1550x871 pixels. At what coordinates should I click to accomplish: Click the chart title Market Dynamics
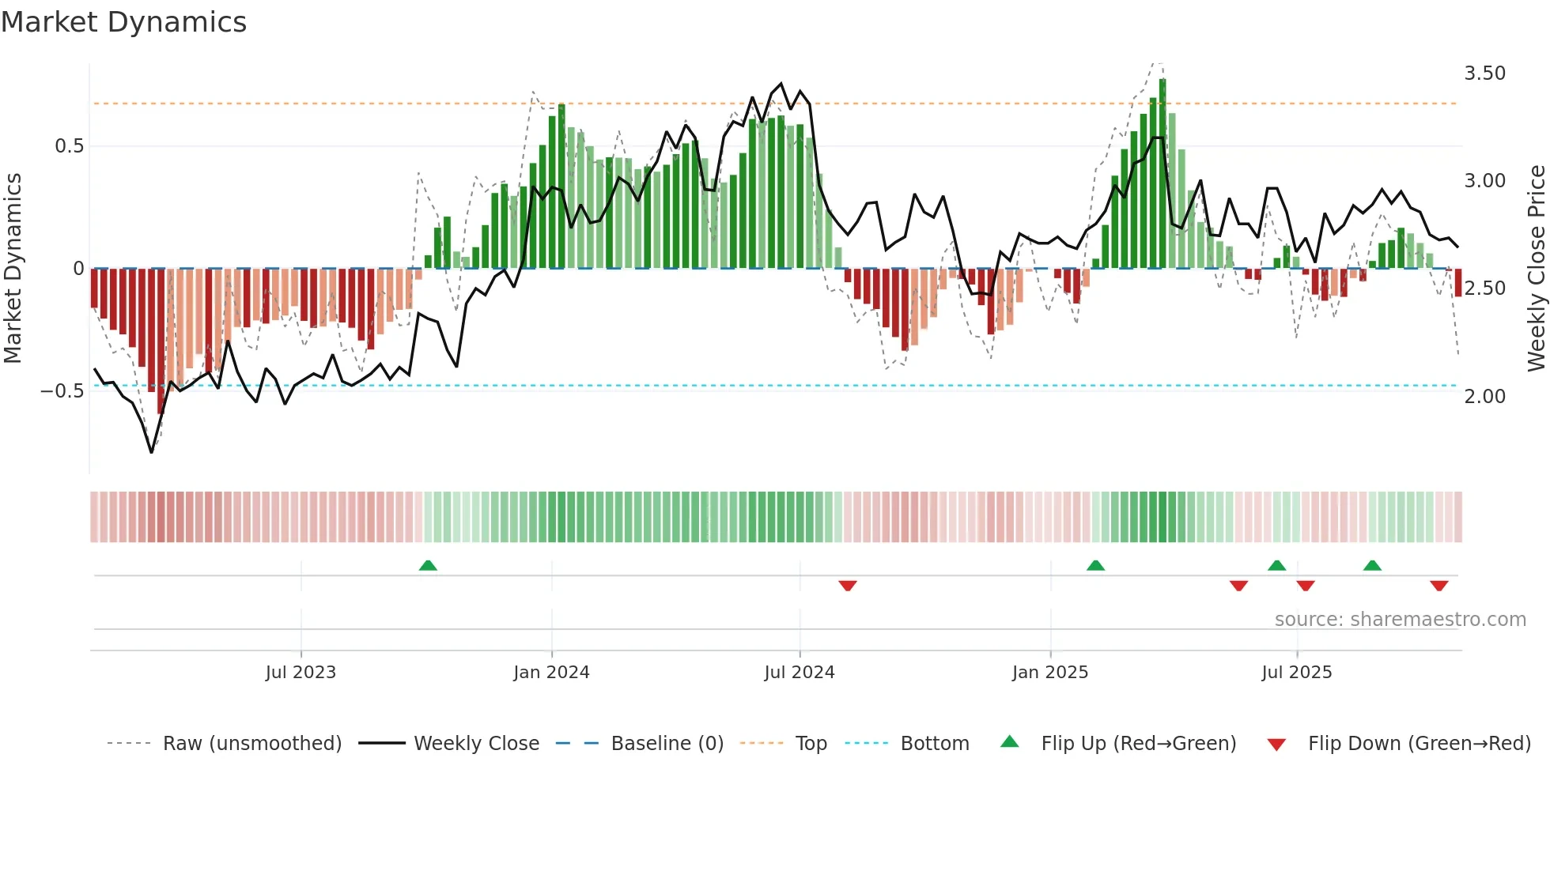(123, 22)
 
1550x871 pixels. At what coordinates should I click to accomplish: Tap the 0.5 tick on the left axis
(69, 146)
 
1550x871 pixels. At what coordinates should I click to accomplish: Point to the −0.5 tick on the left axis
(62, 391)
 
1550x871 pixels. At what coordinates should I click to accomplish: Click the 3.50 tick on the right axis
(1484, 74)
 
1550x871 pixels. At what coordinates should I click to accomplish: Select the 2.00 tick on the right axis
(1484, 397)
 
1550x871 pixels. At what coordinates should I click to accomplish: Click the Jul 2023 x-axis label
(301, 673)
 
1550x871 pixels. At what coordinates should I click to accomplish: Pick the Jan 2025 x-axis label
(1049, 673)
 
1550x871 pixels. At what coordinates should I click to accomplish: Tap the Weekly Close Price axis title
(1536, 269)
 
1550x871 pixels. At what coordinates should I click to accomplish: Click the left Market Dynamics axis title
(13, 269)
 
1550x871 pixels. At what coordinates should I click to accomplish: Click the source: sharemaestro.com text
(1400, 620)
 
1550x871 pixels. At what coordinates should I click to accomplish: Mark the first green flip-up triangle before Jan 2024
(428, 565)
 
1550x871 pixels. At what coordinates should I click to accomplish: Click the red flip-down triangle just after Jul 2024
(848, 586)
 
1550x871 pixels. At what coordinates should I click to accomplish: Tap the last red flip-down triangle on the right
(1438, 586)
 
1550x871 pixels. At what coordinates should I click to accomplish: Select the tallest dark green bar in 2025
(1162, 174)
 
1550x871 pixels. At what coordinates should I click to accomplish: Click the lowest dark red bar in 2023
(161, 340)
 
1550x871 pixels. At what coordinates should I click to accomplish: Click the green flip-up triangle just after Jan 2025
(1095, 565)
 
